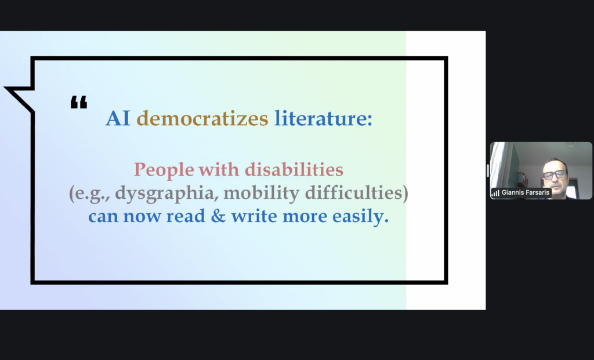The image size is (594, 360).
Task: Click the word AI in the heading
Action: (x=118, y=118)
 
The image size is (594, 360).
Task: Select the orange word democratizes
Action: (x=202, y=118)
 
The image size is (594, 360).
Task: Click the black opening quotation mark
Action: (x=79, y=102)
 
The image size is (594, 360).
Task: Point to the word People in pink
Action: (x=164, y=170)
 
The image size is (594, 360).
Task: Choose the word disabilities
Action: (x=294, y=169)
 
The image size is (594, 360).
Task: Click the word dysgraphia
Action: (x=166, y=194)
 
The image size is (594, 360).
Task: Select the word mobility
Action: (x=262, y=194)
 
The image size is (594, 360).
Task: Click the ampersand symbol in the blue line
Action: (x=218, y=216)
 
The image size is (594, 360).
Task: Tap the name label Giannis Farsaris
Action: (x=525, y=192)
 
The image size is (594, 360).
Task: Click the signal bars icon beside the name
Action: (x=495, y=193)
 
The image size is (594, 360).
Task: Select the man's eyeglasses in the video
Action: (x=554, y=175)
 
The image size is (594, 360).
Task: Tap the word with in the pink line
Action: (x=219, y=169)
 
